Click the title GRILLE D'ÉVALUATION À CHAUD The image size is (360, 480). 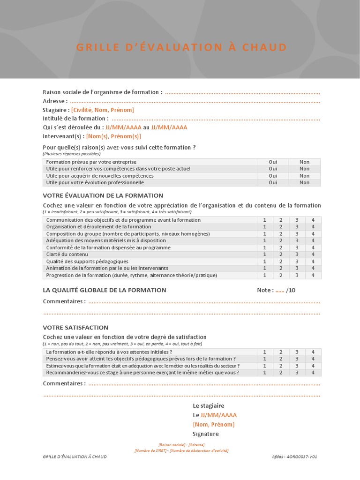pyautogui.click(x=181, y=47)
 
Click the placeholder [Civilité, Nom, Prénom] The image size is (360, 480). pyautogui.click(x=102, y=110)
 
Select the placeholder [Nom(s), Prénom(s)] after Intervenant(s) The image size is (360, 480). pyautogui.click(x=113, y=136)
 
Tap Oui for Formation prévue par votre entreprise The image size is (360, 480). pyautogui.click(x=273, y=162)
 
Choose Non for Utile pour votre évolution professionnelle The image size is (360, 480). pyautogui.click(x=304, y=183)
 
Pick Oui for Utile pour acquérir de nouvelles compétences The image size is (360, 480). pyautogui.click(x=273, y=176)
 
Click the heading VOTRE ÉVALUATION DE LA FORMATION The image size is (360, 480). pyautogui.click(x=103, y=195)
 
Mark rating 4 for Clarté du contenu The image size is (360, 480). pyautogui.click(x=313, y=255)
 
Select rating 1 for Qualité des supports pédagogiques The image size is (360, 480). pyautogui.click(x=265, y=262)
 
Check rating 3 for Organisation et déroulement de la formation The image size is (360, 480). pyautogui.click(x=297, y=227)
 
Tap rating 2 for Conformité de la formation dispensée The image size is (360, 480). pyautogui.click(x=281, y=247)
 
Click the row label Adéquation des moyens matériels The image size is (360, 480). pyautogui.click(x=99, y=240)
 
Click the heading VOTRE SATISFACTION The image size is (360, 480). pyautogui.click(x=75, y=328)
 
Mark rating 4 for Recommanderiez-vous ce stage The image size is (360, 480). pyautogui.click(x=313, y=373)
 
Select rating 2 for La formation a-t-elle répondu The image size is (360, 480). pyautogui.click(x=281, y=352)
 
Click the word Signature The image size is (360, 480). pyautogui.click(x=206, y=434)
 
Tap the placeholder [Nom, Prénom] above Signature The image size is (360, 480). pyautogui.click(x=213, y=424)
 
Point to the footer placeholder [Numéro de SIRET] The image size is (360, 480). pyautogui.click(x=150, y=450)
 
